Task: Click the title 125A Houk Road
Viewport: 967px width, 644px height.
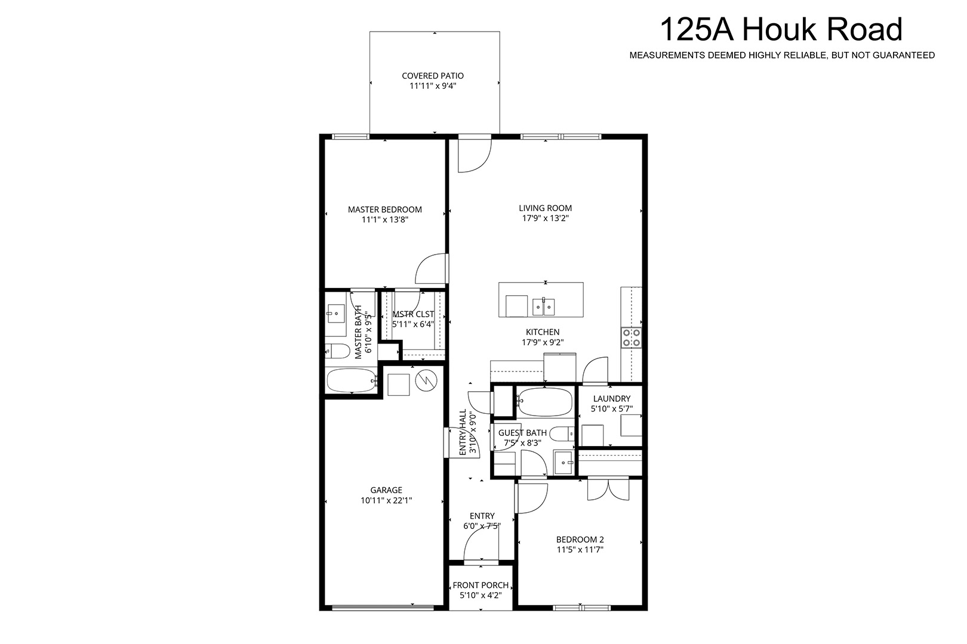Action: point(781,29)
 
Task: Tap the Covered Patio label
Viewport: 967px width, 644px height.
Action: point(433,76)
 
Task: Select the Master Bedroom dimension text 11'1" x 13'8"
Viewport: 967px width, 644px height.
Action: point(385,219)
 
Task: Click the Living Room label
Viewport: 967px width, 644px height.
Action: point(545,208)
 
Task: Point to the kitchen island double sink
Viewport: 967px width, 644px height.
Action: point(543,306)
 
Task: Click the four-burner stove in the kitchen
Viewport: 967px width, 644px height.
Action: point(631,338)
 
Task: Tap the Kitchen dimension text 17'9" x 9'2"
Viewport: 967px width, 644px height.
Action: point(543,342)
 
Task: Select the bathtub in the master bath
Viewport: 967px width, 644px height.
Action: point(352,380)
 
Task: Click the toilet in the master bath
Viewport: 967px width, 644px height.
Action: point(337,351)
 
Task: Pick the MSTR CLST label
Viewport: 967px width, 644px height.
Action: point(413,314)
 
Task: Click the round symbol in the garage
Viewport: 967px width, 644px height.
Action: point(426,380)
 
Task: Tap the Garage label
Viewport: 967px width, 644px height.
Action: point(386,490)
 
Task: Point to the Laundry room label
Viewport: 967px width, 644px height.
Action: point(612,398)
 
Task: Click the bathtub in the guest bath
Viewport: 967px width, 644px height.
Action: point(545,401)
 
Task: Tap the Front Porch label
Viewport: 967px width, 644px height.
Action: point(481,586)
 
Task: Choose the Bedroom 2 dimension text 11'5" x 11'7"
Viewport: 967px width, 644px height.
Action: point(580,550)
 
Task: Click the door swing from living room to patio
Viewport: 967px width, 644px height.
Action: point(475,155)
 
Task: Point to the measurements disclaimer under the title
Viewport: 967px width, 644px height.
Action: point(782,55)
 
